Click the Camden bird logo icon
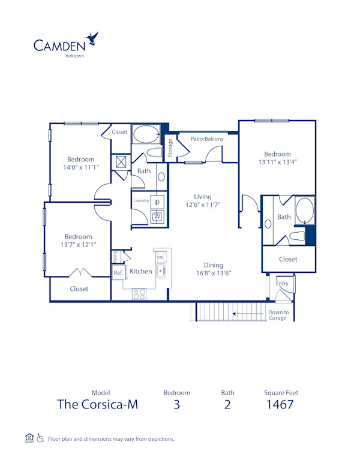pos(93,40)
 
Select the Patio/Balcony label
pos(207,139)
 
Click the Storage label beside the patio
pos(170,148)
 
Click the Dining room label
pos(213,265)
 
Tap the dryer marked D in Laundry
pos(158,202)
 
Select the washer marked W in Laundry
pos(158,217)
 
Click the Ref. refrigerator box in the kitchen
pos(118,273)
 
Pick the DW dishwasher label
pos(160,257)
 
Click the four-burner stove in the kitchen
pos(139,294)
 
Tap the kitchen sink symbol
pos(160,272)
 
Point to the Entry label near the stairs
pos(282,284)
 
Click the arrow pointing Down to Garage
pos(249,312)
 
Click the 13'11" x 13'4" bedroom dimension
pos(278,162)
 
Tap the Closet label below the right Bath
pos(288,259)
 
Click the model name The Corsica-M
pos(97,404)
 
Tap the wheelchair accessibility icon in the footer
pos(40,438)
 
